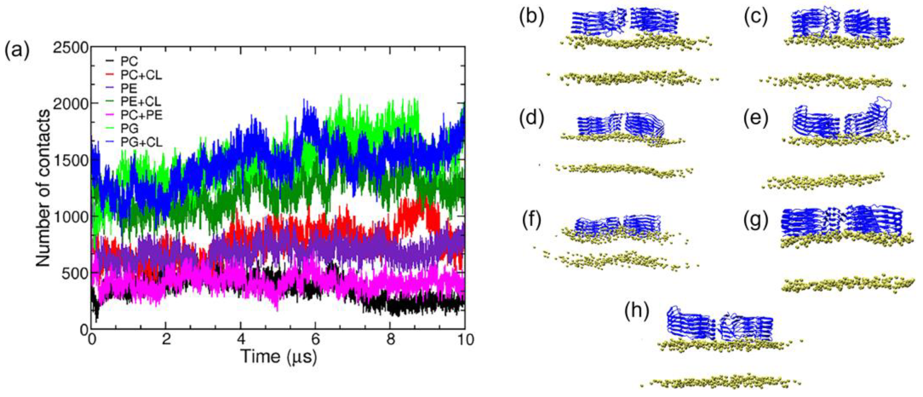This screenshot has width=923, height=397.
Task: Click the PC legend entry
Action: [x=129, y=61]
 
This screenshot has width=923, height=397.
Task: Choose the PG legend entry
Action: [x=129, y=129]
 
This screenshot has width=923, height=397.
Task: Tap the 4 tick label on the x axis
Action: [x=241, y=339]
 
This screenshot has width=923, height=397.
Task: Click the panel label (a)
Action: [x=16, y=50]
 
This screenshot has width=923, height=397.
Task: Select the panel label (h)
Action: [x=637, y=311]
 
